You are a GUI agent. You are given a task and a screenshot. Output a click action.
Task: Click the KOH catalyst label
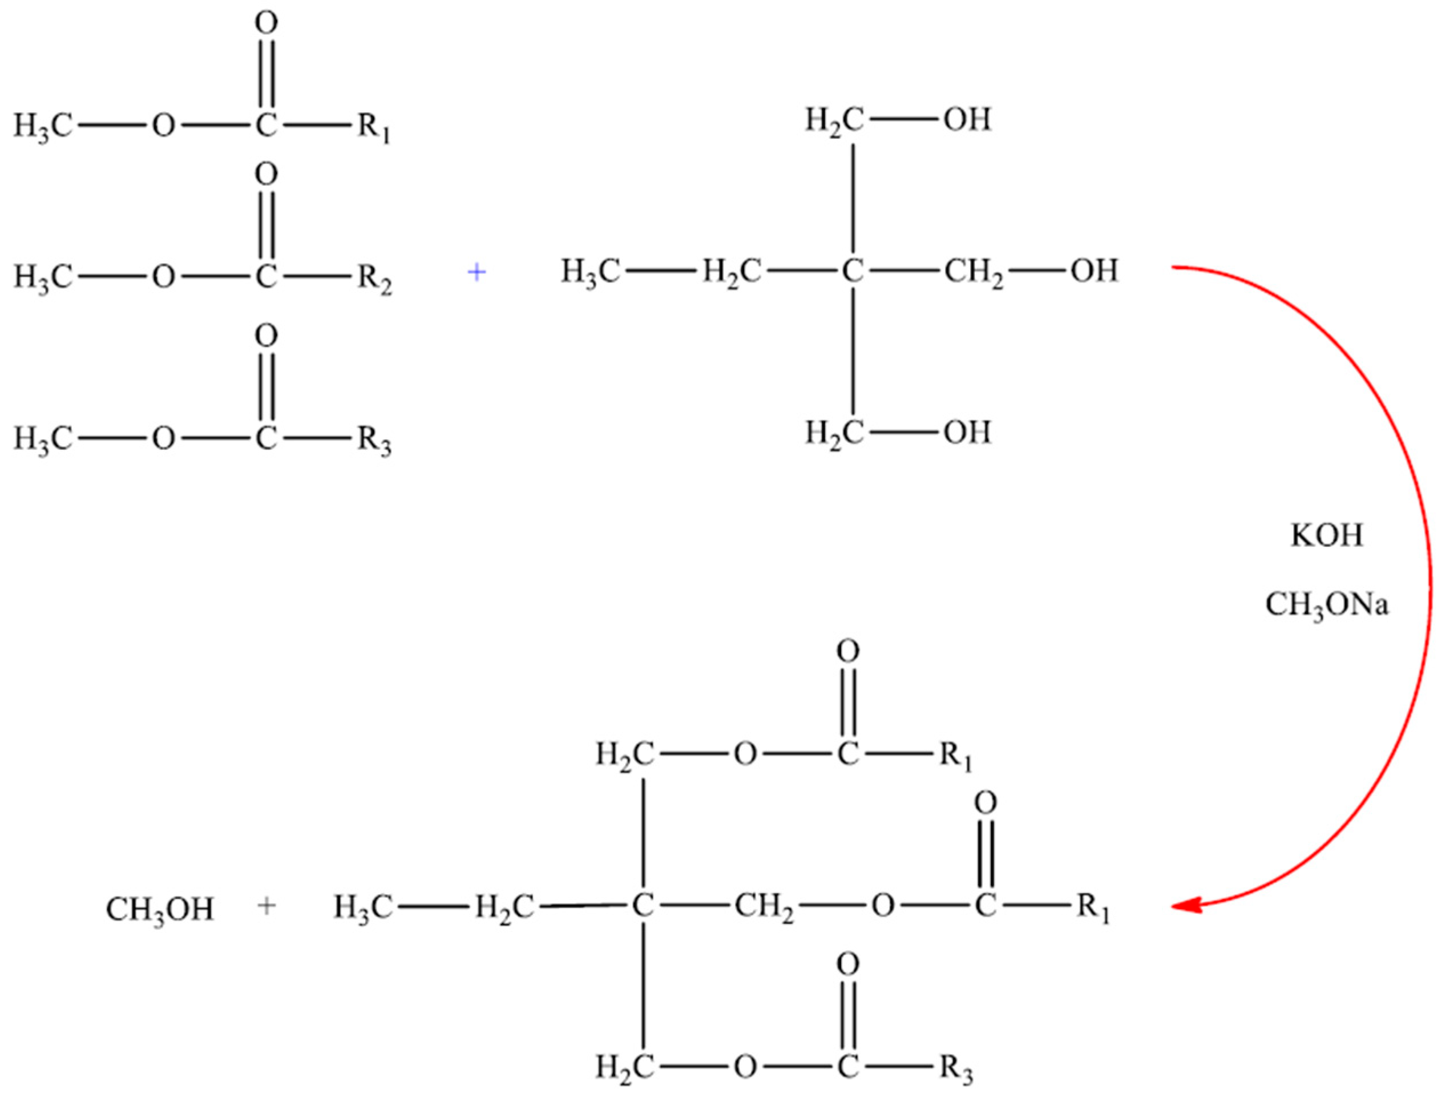1327,536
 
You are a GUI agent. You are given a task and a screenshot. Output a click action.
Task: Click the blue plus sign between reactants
476,272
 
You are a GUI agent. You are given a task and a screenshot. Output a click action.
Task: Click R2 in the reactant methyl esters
374,278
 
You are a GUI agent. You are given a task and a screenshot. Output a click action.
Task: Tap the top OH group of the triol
967,120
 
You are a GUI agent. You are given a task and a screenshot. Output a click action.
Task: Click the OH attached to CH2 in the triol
1094,271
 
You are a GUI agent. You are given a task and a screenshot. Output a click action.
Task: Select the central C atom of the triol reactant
853,271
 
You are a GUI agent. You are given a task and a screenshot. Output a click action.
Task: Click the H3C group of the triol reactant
589,272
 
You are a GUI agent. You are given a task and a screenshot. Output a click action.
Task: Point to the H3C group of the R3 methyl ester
43,439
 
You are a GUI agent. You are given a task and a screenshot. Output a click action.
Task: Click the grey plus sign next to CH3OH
266,906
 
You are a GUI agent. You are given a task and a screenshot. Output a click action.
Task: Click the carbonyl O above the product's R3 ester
847,965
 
